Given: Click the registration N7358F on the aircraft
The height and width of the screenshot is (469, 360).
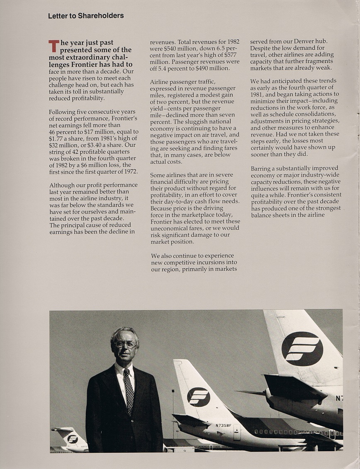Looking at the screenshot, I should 224,425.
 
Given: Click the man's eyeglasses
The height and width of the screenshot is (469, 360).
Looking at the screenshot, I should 125,344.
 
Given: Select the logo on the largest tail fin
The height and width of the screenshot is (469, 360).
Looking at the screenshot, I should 302,348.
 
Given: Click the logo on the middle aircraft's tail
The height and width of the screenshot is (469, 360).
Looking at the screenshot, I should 198,397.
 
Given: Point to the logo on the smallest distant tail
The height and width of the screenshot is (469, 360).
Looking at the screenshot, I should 73,439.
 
